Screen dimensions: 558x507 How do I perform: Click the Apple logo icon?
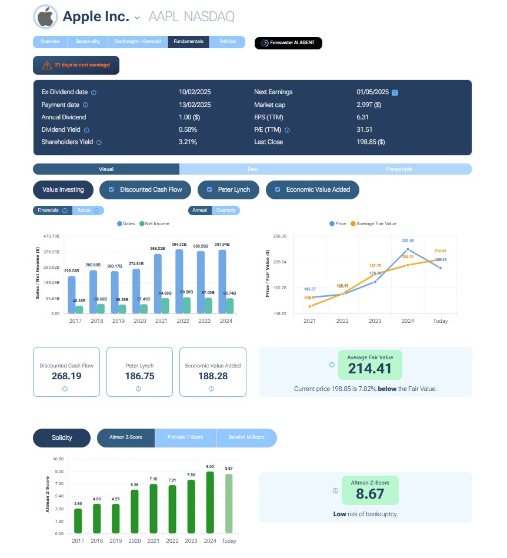pyautogui.click(x=45, y=17)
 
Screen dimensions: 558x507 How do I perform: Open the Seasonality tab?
pyautogui.click(x=88, y=42)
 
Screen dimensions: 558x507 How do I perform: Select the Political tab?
pyautogui.click(x=227, y=42)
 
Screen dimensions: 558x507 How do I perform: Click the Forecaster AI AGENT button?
pyautogui.click(x=288, y=43)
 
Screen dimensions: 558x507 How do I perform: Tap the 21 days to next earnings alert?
pyautogui.click(x=76, y=65)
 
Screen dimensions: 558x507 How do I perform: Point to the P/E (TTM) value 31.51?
pyautogui.click(x=365, y=129)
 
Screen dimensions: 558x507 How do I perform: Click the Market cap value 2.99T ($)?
pyautogui.click(x=369, y=105)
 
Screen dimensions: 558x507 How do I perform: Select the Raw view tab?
pyautogui.click(x=252, y=169)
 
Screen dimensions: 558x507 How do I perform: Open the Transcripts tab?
pyautogui.click(x=399, y=169)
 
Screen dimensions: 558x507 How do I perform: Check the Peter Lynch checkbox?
pyautogui.click(x=209, y=189)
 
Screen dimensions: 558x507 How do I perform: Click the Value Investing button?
pyautogui.click(x=63, y=189)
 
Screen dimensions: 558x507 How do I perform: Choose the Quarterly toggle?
pyautogui.click(x=226, y=210)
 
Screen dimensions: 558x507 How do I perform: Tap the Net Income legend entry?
pyautogui.click(x=155, y=223)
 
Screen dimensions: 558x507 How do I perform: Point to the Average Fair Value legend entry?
pyautogui.click(x=373, y=223)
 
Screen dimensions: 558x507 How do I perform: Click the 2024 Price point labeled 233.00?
pyautogui.click(x=408, y=249)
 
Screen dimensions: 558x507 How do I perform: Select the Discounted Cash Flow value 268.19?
pyautogui.click(x=66, y=376)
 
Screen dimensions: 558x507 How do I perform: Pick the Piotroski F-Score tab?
pyautogui.click(x=185, y=437)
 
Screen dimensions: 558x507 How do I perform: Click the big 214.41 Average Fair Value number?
pyautogui.click(x=370, y=369)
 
